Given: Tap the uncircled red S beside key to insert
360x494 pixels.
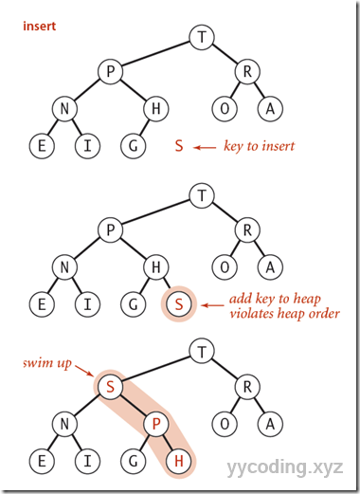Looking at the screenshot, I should [177, 147].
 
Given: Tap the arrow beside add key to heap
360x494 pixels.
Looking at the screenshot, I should [213, 304].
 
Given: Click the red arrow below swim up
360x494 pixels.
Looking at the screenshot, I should [82, 377].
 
